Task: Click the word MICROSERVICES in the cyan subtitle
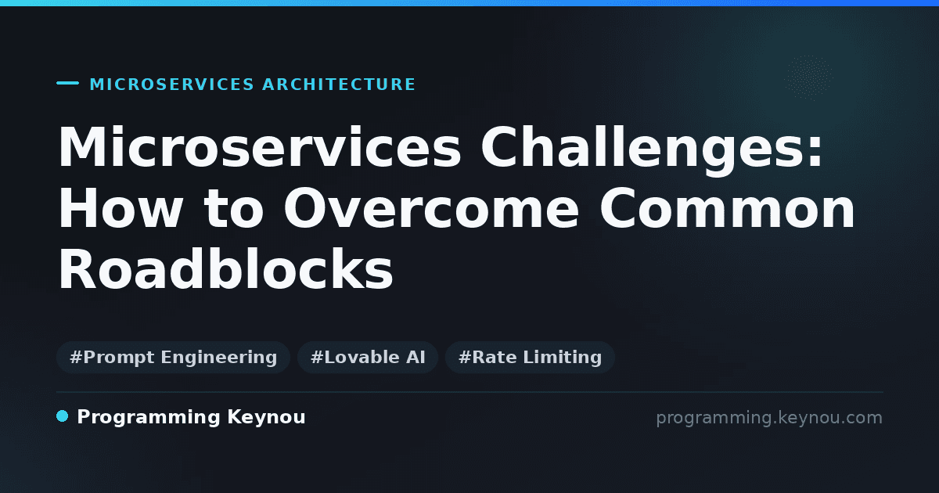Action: (172, 85)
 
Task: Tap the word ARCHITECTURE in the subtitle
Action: (339, 85)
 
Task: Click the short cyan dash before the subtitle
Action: (67, 83)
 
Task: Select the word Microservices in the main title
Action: (260, 147)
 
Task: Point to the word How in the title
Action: (121, 208)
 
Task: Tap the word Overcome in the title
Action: (431, 208)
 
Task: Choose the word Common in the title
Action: (727, 208)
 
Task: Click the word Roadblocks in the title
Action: (226, 268)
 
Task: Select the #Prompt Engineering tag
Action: (173, 357)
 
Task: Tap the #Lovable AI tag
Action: (368, 357)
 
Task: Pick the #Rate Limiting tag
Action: (530, 357)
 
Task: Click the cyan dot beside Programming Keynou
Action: (62, 416)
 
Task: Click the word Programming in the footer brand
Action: (149, 418)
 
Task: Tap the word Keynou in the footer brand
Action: (266, 418)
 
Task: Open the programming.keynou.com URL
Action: (769, 418)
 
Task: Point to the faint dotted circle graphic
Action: (808, 77)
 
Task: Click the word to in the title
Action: (233, 208)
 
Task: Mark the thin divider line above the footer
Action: (469, 392)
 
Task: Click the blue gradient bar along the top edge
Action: (469, 3)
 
